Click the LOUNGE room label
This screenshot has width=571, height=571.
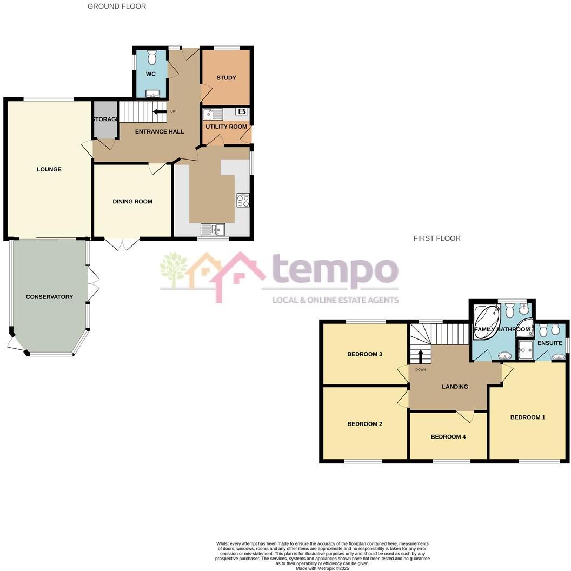49,169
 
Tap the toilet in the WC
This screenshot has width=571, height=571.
152,57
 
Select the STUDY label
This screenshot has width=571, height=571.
226,77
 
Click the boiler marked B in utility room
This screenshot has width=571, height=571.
242,112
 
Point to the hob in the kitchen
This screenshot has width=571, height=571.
243,200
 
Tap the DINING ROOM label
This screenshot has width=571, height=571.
132,201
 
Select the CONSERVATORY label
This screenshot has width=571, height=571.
49,296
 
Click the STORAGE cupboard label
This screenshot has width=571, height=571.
105,119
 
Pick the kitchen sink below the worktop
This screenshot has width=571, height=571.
213,230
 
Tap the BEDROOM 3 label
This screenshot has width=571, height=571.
364,354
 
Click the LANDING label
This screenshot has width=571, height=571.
455,386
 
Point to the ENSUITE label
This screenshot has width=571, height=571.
549,343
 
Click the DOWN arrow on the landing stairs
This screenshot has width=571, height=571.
421,357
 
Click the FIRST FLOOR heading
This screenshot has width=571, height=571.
437,238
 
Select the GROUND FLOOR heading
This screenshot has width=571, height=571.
117,6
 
